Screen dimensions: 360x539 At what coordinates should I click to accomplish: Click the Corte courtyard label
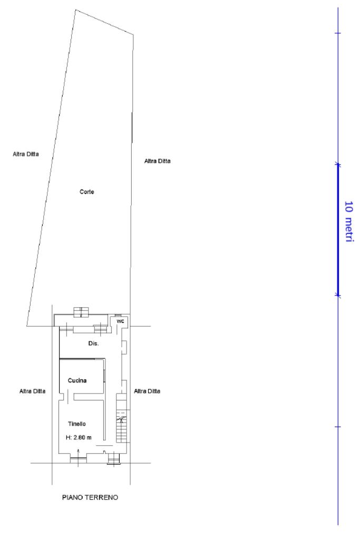click(86, 192)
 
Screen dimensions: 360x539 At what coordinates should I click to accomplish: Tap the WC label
click(120, 321)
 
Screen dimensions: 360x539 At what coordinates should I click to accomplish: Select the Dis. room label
click(93, 344)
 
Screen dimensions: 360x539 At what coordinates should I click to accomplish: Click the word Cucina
click(77, 380)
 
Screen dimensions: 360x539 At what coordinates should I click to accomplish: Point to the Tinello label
click(76, 424)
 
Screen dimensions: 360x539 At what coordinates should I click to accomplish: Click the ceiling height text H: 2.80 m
click(79, 438)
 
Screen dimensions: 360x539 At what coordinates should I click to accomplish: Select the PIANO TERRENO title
click(90, 497)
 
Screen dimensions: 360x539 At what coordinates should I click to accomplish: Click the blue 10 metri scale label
click(349, 222)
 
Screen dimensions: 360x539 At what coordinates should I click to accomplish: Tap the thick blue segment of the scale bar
click(338, 230)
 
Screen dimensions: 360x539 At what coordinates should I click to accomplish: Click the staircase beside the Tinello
click(122, 418)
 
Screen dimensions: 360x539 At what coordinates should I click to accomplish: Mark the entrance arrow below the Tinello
click(79, 457)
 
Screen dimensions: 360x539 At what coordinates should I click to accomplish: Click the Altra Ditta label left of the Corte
click(26, 154)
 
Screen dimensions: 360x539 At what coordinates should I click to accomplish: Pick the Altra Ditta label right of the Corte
click(157, 161)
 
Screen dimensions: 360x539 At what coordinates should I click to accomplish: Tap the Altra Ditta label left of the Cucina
click(32, 391)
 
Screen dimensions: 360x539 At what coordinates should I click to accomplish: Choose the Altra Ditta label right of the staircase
click(147, 391)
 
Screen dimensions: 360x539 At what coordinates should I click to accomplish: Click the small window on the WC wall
click(118, 315)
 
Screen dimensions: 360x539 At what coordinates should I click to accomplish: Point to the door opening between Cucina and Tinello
click(71, 397)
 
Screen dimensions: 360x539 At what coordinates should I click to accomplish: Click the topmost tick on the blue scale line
click(338, 33)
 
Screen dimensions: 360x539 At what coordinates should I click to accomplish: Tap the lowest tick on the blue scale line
click(338, 427)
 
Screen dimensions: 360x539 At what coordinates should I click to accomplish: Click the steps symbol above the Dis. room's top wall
click(81, 312)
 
